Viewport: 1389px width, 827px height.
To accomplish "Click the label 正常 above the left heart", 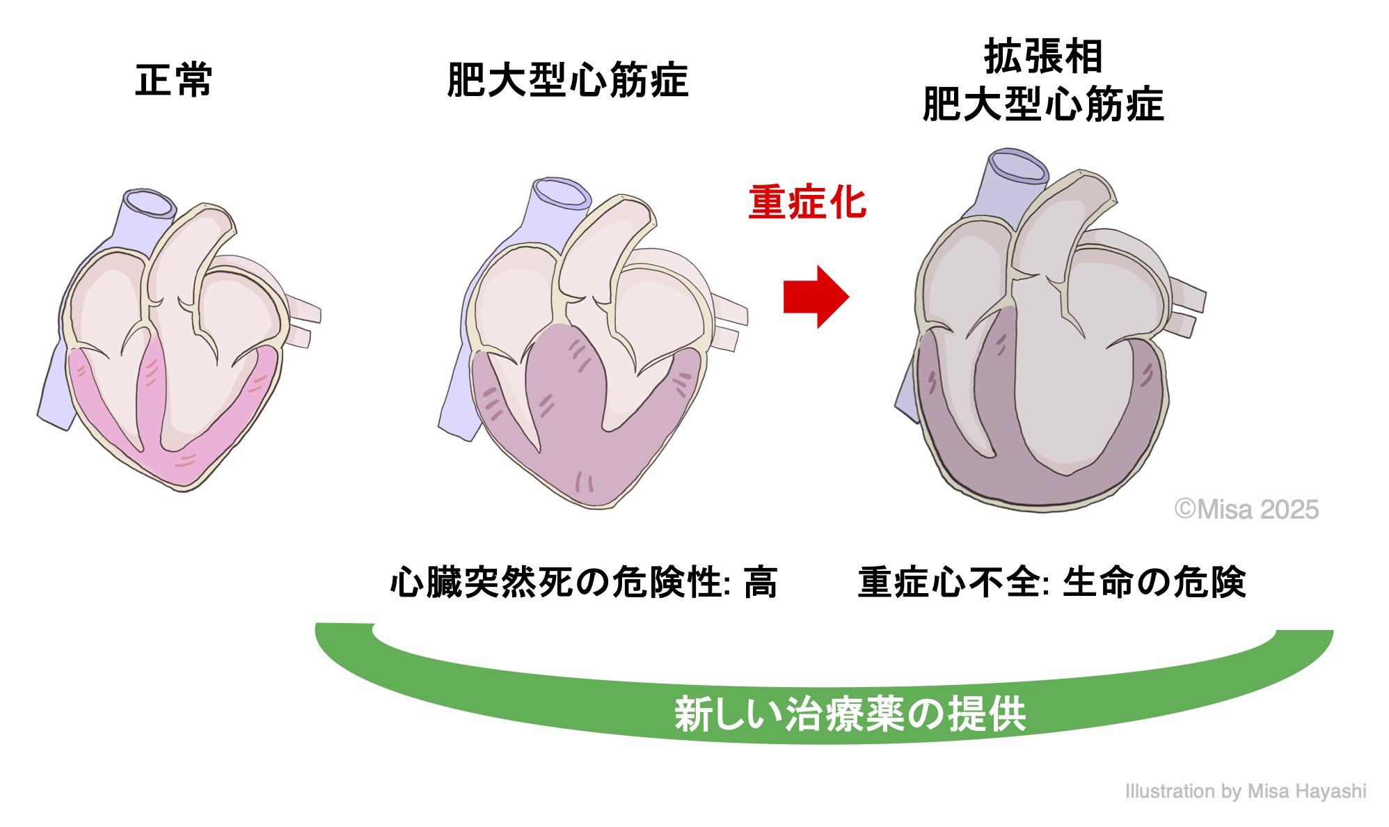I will coord(173,80).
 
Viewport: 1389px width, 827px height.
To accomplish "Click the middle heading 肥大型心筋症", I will coord(567,80).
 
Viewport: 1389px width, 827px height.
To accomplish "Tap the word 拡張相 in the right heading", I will coord(1042,56).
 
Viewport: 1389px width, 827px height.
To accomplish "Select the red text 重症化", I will coord(807,203).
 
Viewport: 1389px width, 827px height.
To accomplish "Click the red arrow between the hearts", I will coord(815,297).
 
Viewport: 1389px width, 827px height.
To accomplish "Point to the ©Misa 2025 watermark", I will coord(1246,510).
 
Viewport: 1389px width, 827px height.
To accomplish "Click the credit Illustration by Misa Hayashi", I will coord(1245,791).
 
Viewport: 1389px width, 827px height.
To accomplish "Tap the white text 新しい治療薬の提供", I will coord(850,714).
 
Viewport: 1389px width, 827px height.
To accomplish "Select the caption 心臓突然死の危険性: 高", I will coord(583,582).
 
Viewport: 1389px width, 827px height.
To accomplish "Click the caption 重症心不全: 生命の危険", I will coord(1051,582).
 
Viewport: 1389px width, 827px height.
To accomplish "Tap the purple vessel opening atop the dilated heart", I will coord(1018,166).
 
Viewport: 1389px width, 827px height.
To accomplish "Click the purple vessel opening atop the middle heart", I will coord(560,193).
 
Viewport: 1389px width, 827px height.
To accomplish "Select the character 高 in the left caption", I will coord(760,582).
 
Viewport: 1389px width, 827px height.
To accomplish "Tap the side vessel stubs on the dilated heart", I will coord(1187,306).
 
